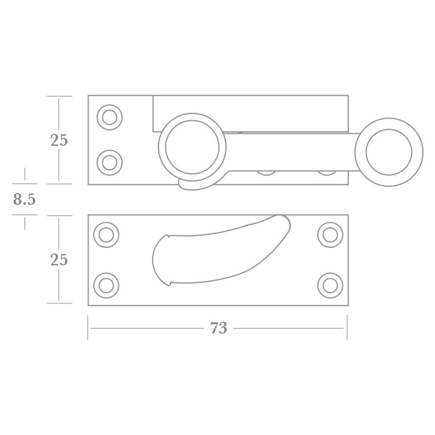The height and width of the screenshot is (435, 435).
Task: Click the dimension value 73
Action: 218,328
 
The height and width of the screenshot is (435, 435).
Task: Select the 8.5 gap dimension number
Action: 24,200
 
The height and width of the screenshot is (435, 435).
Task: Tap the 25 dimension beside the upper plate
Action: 59,140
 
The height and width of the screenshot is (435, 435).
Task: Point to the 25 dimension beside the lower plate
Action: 59,260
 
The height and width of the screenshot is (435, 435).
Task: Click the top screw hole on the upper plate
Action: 109,117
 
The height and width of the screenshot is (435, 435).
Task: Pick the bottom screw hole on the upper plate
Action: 109,162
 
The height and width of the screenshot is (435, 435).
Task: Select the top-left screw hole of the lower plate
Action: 106,234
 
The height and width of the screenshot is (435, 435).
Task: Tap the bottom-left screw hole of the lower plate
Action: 106,285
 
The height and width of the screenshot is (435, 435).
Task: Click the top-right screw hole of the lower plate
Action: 330,234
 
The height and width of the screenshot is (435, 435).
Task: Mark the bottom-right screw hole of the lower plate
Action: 330,285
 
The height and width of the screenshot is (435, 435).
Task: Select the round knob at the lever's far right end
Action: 388,152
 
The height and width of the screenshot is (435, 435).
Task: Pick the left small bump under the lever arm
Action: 266,172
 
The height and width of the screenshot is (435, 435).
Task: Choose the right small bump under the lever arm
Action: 326,172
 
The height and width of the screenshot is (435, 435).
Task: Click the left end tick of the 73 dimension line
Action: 88,328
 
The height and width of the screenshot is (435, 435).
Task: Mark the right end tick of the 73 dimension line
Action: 347,328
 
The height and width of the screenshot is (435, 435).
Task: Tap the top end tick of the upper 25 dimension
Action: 59,96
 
